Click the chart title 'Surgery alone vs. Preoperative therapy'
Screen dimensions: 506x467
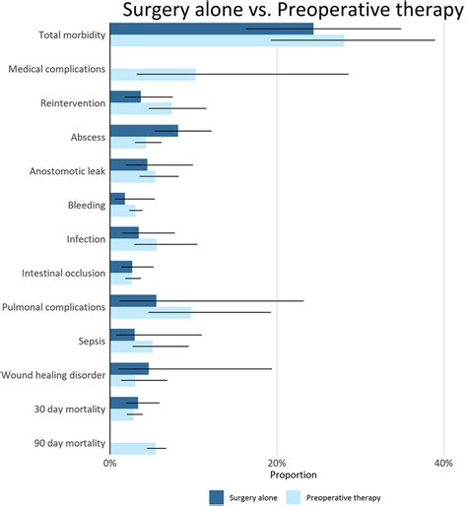pos(292,11)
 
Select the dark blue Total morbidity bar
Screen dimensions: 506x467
pos(211,29)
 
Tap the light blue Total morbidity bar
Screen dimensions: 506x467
pos(227,40)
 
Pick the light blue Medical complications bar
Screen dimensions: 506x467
pos(153,74)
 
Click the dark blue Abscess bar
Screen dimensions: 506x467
pos(144,130)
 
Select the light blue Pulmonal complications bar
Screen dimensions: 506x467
pos(150,312)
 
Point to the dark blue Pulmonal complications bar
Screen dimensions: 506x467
pos(133,300)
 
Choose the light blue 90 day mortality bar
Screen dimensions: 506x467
pos(132,448)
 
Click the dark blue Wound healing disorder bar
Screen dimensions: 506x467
pos(129,368)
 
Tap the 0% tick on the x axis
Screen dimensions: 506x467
pos(110,462)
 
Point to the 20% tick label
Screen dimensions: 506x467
pos(277,462)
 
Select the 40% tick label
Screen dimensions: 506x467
pos(443,462)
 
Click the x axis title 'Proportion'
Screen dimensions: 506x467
pos(277,475)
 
